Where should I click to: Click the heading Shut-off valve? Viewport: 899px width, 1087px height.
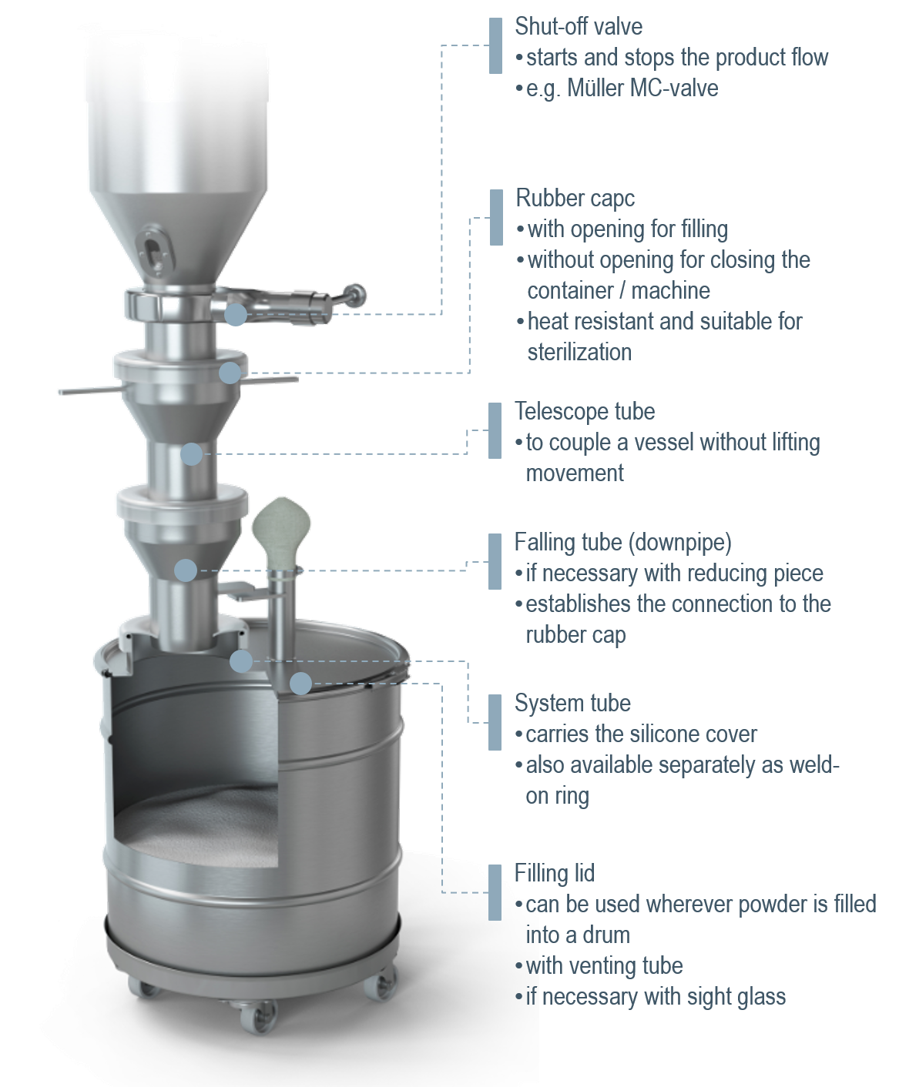point(579,27)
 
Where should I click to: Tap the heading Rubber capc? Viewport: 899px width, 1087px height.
point(575,199)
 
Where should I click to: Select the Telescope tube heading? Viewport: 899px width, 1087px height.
point(585,412)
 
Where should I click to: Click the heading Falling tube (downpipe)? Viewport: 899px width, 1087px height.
point(623,543)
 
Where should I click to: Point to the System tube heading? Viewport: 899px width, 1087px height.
point(572,704)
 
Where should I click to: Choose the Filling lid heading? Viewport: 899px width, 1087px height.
point(554,873)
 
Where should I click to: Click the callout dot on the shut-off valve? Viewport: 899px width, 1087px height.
point(236,314)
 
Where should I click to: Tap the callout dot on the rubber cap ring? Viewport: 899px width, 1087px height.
point(230,373)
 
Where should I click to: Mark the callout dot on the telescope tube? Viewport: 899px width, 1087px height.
point(191,454)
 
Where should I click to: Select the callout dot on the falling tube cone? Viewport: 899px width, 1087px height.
point(186,570)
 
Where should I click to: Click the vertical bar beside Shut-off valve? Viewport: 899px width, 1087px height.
point(495,46)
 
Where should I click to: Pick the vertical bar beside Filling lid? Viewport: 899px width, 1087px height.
point(495,892)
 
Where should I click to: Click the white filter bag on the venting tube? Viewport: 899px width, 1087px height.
point(281,531)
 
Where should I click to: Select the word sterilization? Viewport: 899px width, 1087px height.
point(579,353)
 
